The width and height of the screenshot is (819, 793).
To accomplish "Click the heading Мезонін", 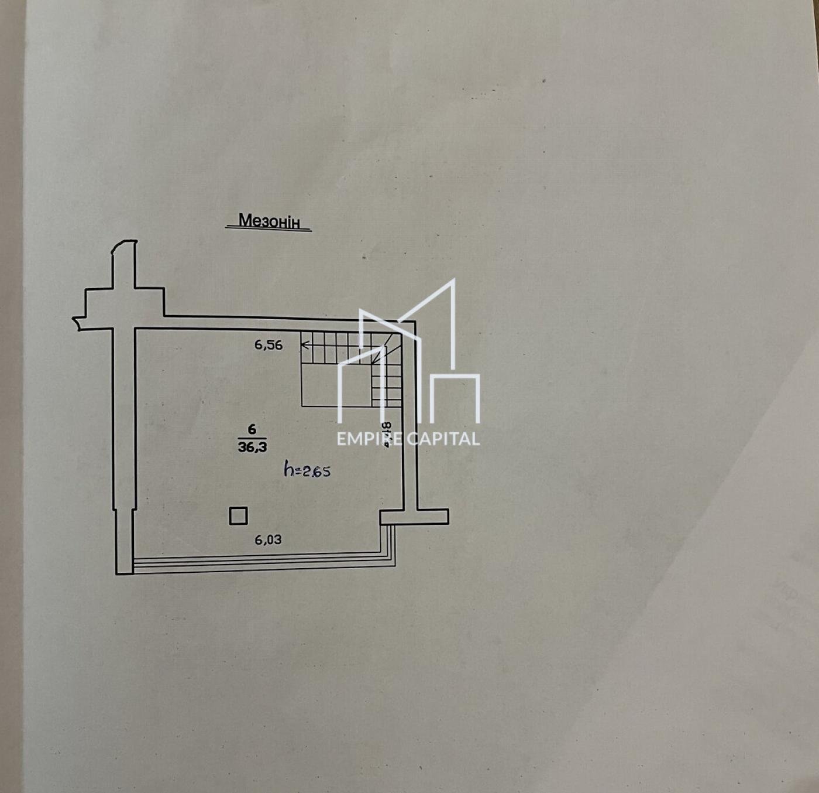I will pos(269,221).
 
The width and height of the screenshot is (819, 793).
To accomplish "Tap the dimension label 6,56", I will pos(268,345).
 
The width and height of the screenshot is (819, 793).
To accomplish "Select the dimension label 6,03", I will pos(268,539).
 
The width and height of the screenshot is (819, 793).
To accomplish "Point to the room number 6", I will pos(252,429).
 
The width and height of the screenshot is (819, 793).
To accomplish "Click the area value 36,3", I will pos(252,447).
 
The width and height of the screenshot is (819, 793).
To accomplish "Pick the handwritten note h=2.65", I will pos(307,470).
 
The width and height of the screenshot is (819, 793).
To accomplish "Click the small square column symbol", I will pos(238,516).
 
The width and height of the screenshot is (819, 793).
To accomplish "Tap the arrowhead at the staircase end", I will pos(304,344).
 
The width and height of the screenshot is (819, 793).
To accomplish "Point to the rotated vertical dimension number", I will pos(386,434).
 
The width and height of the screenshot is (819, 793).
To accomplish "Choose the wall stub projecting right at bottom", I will pos(433,516).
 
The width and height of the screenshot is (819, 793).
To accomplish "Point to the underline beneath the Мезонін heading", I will pos(269,230).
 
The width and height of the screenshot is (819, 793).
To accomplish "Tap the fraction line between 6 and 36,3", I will pos(252,438).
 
